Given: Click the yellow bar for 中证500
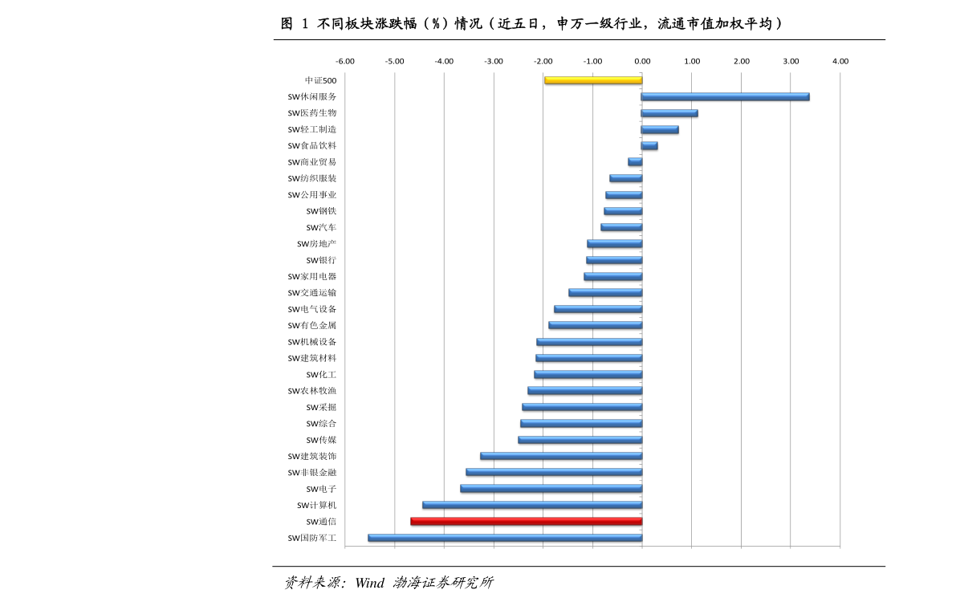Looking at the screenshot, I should point(593,80).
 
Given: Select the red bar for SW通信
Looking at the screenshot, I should point(526,521).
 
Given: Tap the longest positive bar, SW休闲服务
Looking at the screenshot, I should point(725,96).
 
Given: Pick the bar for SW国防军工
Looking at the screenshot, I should point(505,538).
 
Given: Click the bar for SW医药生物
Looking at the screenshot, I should point(669,113).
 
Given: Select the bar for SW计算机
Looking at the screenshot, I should point(532,505).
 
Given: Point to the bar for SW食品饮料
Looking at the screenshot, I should point(649,145).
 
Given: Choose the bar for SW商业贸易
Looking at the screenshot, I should point(635,162).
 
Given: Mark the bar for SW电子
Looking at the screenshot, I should point(551,488).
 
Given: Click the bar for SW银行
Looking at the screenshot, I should point(614,260).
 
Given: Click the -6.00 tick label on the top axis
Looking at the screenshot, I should point(344,61).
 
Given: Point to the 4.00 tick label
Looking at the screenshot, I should point(840,61).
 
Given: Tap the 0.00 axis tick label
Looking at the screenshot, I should point(642,61).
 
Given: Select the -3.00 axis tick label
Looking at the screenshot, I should point(494,61).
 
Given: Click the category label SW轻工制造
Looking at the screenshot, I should point(312,129).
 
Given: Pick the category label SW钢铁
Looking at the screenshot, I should point(321,211).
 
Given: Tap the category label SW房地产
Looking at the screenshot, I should point(317,244).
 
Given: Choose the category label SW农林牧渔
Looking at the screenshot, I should point(312,391).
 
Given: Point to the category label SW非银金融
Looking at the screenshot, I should point(312,473).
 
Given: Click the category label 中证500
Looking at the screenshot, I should point(321,80).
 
